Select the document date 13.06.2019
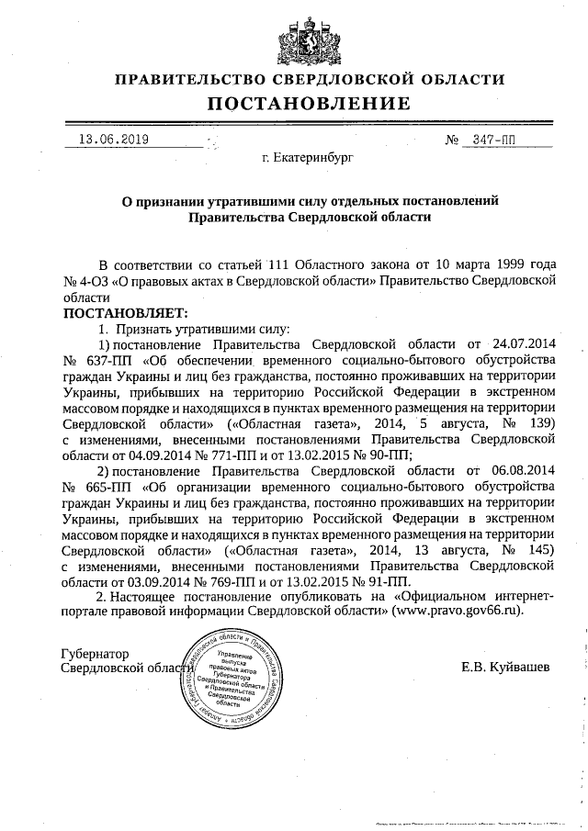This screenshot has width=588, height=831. pyautogui.click(x=114, y=140)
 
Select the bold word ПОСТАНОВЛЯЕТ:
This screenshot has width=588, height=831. pyautogui.click(x=124, y=314)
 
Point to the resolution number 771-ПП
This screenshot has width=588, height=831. pyautogui.click(x=205, y=455)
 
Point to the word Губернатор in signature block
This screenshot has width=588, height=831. pyautogui.click(x=96, y=654)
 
